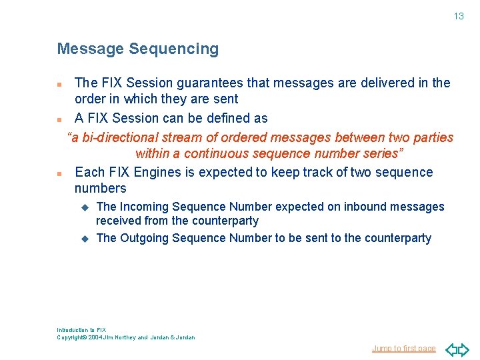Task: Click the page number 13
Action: pyautogui.click(x=459, y=16)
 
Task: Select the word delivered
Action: pyautogui.click(x=382, y=83)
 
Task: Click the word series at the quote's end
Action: pyautogui.click(x=381, y=154)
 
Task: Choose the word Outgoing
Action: pyautogui.click(x=145, y=238)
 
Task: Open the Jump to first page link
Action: pyautogui.click(x=404, y=348)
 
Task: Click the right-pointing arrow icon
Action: pyautogui.click(x=463, y=349)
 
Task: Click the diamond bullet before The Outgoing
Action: pyautogui.click(x=85, y=238)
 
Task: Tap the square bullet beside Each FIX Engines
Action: pyautogui.click(x=60, y=173)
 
